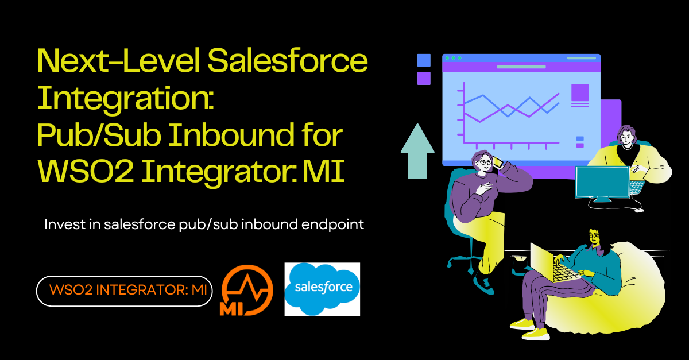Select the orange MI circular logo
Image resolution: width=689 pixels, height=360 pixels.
click(x=246, y=290)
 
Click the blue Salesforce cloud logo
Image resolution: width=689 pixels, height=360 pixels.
click(x=322, y=289)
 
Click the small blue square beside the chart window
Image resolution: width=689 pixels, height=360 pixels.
click(x=424, y=60)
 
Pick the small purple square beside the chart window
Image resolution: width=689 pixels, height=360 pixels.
click(x=424, y=78)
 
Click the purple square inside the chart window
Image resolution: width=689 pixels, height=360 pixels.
click(x=580, y=92)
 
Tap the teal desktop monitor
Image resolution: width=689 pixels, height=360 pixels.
click(x=602, y=182)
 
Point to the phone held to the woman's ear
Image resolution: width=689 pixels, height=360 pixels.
click(x=498, y=163)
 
